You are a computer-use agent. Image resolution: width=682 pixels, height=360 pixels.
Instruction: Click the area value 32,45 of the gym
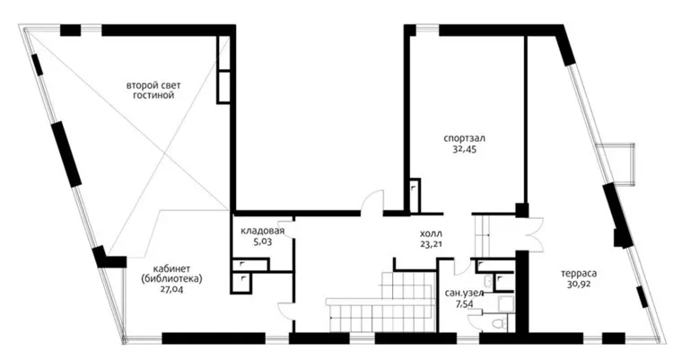464,150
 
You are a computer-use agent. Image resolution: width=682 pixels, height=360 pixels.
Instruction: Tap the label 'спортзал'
464,139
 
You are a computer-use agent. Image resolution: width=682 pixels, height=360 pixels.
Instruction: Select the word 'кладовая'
263,231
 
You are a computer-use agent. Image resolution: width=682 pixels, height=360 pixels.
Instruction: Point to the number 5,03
263,241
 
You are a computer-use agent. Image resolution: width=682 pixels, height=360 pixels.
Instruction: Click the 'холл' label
432,233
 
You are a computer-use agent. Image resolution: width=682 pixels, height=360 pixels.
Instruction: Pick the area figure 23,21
432,245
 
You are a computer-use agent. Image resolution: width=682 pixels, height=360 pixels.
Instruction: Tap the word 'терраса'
579,274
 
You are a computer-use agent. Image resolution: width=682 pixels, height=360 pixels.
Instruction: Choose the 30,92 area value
579,285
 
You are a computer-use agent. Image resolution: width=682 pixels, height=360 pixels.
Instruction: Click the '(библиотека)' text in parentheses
171,279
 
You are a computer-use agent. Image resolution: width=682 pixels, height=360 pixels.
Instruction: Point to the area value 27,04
171,289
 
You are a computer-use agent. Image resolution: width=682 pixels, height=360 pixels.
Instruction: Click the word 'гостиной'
153,95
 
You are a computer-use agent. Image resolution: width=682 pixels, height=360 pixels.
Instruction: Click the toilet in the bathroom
503,322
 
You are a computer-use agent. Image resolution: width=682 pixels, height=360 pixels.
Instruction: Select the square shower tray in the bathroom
505,304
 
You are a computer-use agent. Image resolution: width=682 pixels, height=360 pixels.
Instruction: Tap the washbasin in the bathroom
489,282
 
